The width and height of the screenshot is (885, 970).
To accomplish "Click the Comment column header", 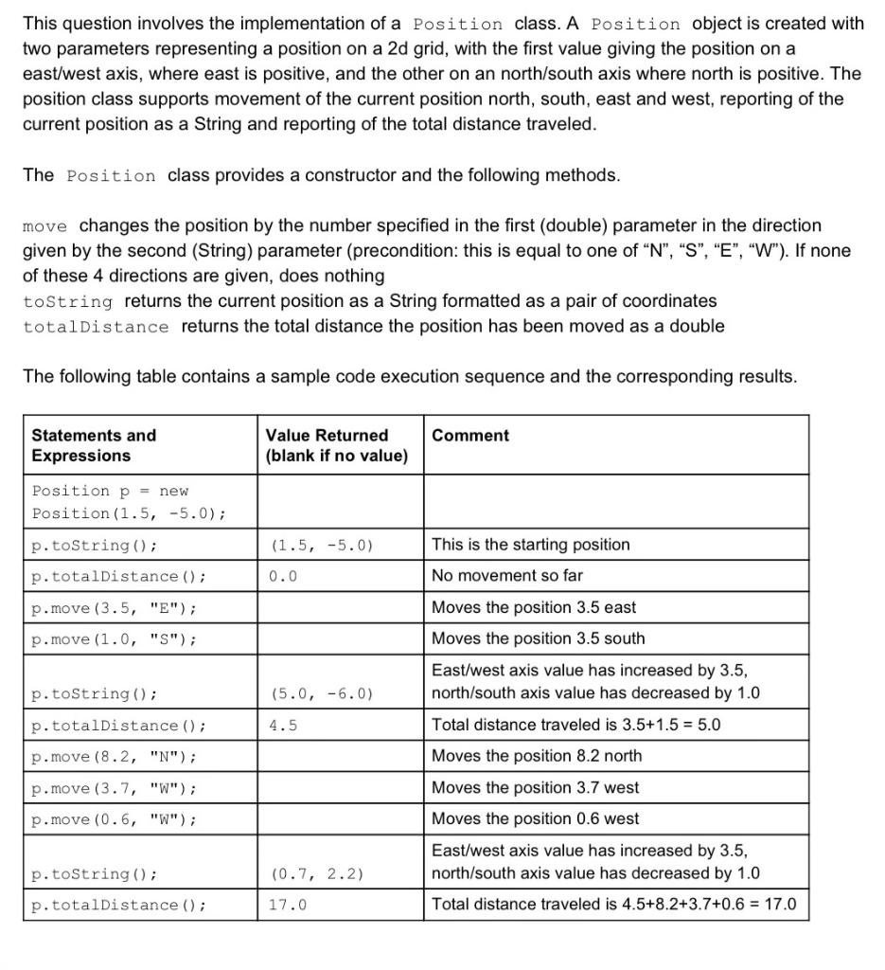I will pyautogui.click(x=469, y=436).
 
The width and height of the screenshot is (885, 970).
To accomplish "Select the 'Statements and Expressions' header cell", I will pyautogui.click(x=95, y=445).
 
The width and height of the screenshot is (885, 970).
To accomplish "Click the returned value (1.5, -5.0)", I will pyautogui.click(x=322, y=546).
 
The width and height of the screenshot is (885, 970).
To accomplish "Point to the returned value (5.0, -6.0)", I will pyautogui.click(x=322, y=694).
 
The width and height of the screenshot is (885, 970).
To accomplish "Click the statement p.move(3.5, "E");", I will pyautogui.click(x=115, y=608).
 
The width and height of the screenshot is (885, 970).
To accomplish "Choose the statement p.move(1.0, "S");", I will pyautogui.click(x=115, y=639).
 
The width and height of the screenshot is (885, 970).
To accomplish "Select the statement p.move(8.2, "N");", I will pyautogui.click(x=115, y=757).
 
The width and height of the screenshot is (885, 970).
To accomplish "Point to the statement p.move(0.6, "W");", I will pyautogui.click(x=115, y=819).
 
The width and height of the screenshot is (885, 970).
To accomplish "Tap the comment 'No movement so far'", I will pyautogui.click(x=507, y=576).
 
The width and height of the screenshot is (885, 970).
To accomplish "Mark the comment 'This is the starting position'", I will pyautogui.click(x=530, y=545).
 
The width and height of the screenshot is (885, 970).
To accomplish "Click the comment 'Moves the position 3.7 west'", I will pyautogui.click(x=535, y=787).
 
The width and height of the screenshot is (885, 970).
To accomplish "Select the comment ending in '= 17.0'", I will pyautogui.click(x=613, y=905).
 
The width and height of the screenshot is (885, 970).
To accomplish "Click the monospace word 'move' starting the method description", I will pyautogui.click(x=44, y=226).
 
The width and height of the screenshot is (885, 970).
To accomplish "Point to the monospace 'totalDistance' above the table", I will pyautogui.click(x=96, y=327).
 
